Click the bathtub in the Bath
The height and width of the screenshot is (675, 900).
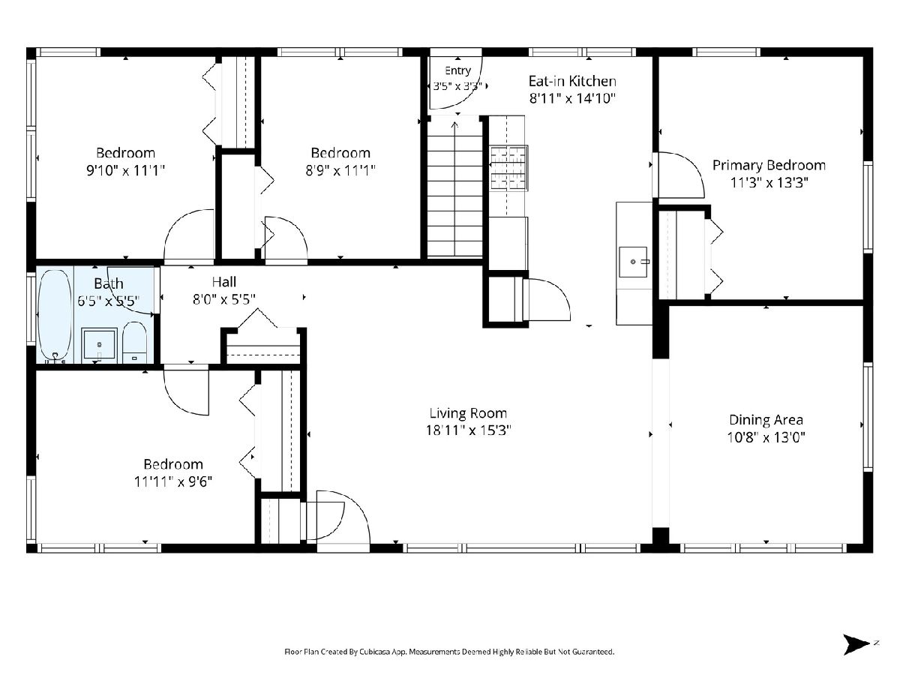click(x=54, y=316)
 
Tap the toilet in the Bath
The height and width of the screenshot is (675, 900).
click(x=134, y=342)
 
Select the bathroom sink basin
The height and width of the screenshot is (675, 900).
click(x=99, y=345)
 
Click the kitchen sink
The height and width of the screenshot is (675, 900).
click(x=633, y=262)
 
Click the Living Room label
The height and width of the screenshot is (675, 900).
click(x=468, y=412)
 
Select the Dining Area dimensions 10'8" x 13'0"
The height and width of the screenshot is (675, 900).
click(x=766, y=437)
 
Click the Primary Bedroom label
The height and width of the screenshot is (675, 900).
click(x=769, y=165)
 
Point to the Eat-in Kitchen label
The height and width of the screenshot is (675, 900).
click(x=572, y=81)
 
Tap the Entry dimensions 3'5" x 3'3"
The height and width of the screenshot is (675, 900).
click(x=457, y=86)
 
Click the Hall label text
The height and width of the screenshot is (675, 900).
click(x=223, y=281)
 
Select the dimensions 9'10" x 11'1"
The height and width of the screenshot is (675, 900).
click(x=125, y=170)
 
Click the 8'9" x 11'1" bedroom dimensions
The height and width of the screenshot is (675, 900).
click(x=340, y=170)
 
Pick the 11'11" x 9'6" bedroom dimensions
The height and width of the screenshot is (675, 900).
click(x=173, y=481)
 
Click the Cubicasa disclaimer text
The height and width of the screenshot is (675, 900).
click(x=449, y=651)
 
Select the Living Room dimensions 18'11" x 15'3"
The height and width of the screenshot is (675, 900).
click(x=468, y=430)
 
